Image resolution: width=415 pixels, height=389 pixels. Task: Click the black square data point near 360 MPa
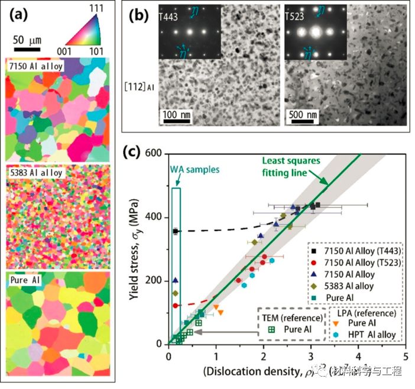click(176, 231)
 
